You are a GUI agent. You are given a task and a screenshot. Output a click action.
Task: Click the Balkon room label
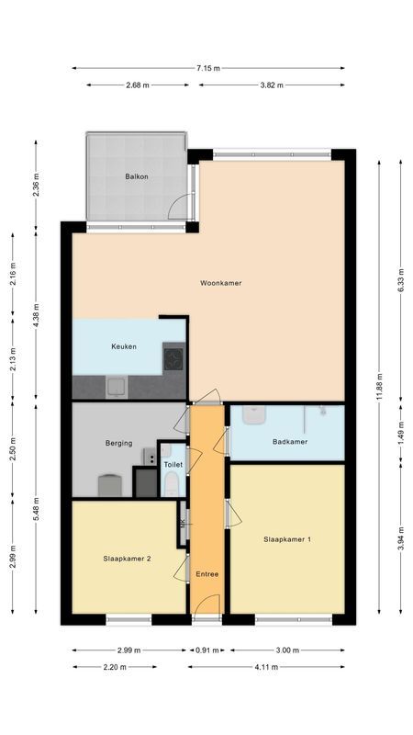[138, 175]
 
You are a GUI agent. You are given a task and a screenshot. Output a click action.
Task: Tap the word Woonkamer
[220, 283]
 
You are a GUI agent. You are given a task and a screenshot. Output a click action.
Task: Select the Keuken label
[124, 346]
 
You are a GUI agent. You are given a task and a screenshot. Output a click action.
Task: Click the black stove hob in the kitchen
[173, 356]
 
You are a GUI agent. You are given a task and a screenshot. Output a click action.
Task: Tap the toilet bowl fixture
[172, 485]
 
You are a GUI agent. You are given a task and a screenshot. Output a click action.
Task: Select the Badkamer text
[290, 442]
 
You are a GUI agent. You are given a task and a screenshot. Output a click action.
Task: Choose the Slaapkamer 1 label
[286, 538]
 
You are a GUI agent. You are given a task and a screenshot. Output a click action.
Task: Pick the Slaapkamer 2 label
[128, 558]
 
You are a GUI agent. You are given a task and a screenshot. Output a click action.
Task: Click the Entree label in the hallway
[207, 574]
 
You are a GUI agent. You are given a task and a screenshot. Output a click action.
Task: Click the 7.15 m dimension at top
[208, 67]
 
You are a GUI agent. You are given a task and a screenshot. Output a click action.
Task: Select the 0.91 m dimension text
[207, 650]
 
